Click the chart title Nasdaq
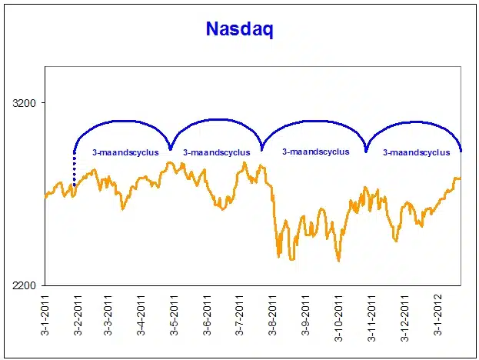pos(240,29)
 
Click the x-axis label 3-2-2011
pos(78,316)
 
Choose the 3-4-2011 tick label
pos(141,316)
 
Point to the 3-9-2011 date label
pos(306,316)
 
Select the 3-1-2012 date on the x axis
pos(437,316)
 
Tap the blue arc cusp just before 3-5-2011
pos(170,148)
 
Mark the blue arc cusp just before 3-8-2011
pos(261,148)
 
